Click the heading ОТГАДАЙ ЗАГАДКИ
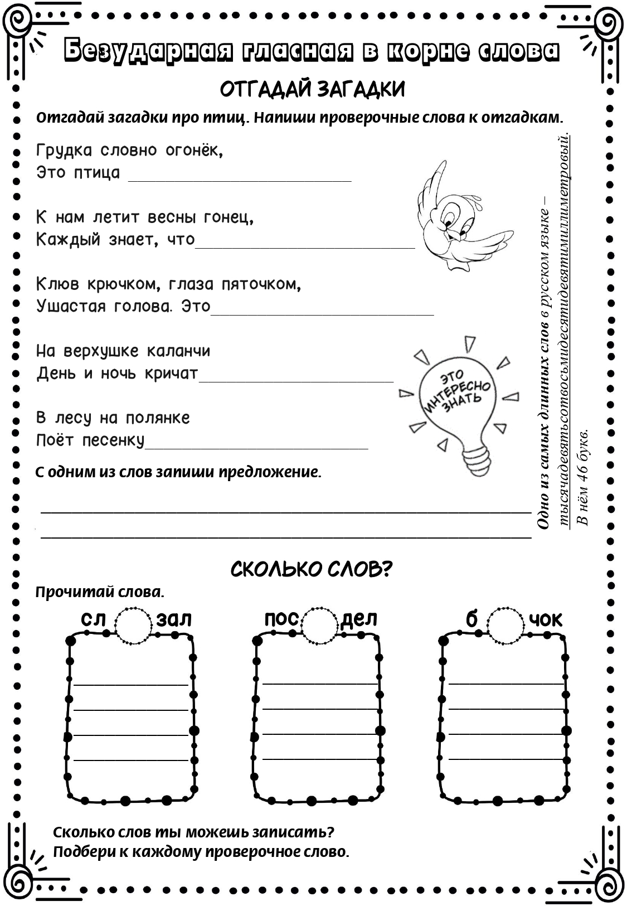(x=313, y=89)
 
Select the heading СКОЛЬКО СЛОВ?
(x=312, y=569)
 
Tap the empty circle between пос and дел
(x=320, y=624)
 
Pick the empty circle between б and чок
(x=506, y=624)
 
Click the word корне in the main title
(x=429, y=51)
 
